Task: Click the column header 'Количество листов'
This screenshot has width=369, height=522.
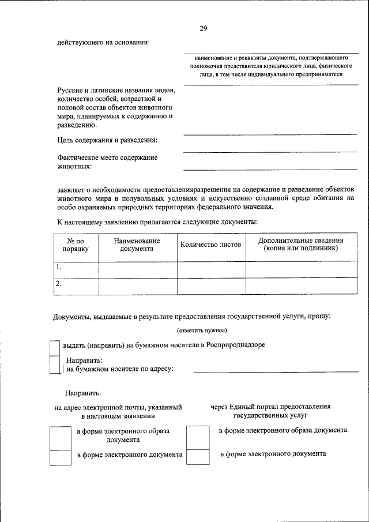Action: [x=210, y=245]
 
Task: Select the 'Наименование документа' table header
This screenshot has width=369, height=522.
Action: [x=137, y=245]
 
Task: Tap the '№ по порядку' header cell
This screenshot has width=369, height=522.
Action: [x=76, y=245]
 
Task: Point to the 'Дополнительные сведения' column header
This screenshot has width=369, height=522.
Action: [x=300, y=245]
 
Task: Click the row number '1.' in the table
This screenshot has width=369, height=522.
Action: [x=59, y=268]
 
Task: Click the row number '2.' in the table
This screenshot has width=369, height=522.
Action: [x=59, y=284]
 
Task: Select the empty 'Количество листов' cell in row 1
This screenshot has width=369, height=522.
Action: [x=211, y=269]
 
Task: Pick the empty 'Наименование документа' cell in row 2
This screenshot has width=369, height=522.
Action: [x=137, y=286]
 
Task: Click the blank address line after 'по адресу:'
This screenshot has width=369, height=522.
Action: [x=271, y=370]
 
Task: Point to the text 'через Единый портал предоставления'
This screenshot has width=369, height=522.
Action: [x=270, y=406]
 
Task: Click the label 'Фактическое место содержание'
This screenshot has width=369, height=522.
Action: [x=107, y=157]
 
